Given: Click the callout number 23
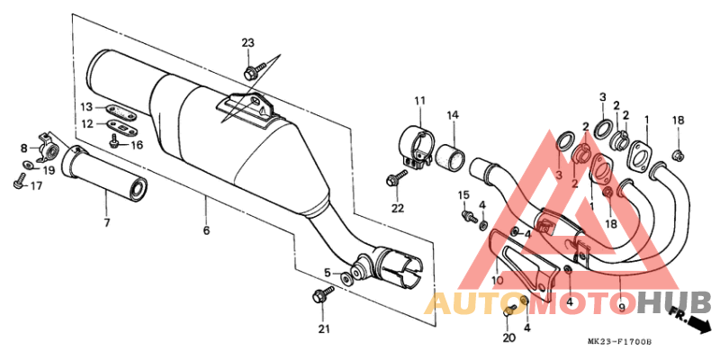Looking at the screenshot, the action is pyautogui.click(x=248, y=43).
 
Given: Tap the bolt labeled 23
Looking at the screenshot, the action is pyautogui.click(x=255, y=71).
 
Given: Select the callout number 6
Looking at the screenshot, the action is pyautogui.click(x=206, y=230).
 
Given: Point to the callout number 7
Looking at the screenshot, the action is pyautogui.click(x=107, y=223).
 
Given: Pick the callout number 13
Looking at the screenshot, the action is pyautogui.click(x=86, y=107).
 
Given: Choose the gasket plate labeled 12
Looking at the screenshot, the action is pyautogui.click(x=121, y=125).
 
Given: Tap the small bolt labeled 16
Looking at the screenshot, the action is pyautogui.click(x=114, y=141).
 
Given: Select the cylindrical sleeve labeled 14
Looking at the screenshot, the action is pyautogui.click(x=450, y=158).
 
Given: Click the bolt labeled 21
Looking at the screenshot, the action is pyautogui.click(x=323, y=294).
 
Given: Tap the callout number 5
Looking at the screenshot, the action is pyautogui.click(x=327, y=273).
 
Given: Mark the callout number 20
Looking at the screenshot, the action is pyautogui.click(x=508, y=338).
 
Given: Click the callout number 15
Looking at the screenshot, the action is pyautogui.click(x=463, y=194).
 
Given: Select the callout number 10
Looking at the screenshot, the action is pyautogui.click(x=498, y=280).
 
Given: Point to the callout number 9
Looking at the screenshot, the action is pyautogui.click(x=622, y=307).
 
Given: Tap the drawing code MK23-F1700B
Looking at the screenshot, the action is pyautogui.click(x=619, y=342).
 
